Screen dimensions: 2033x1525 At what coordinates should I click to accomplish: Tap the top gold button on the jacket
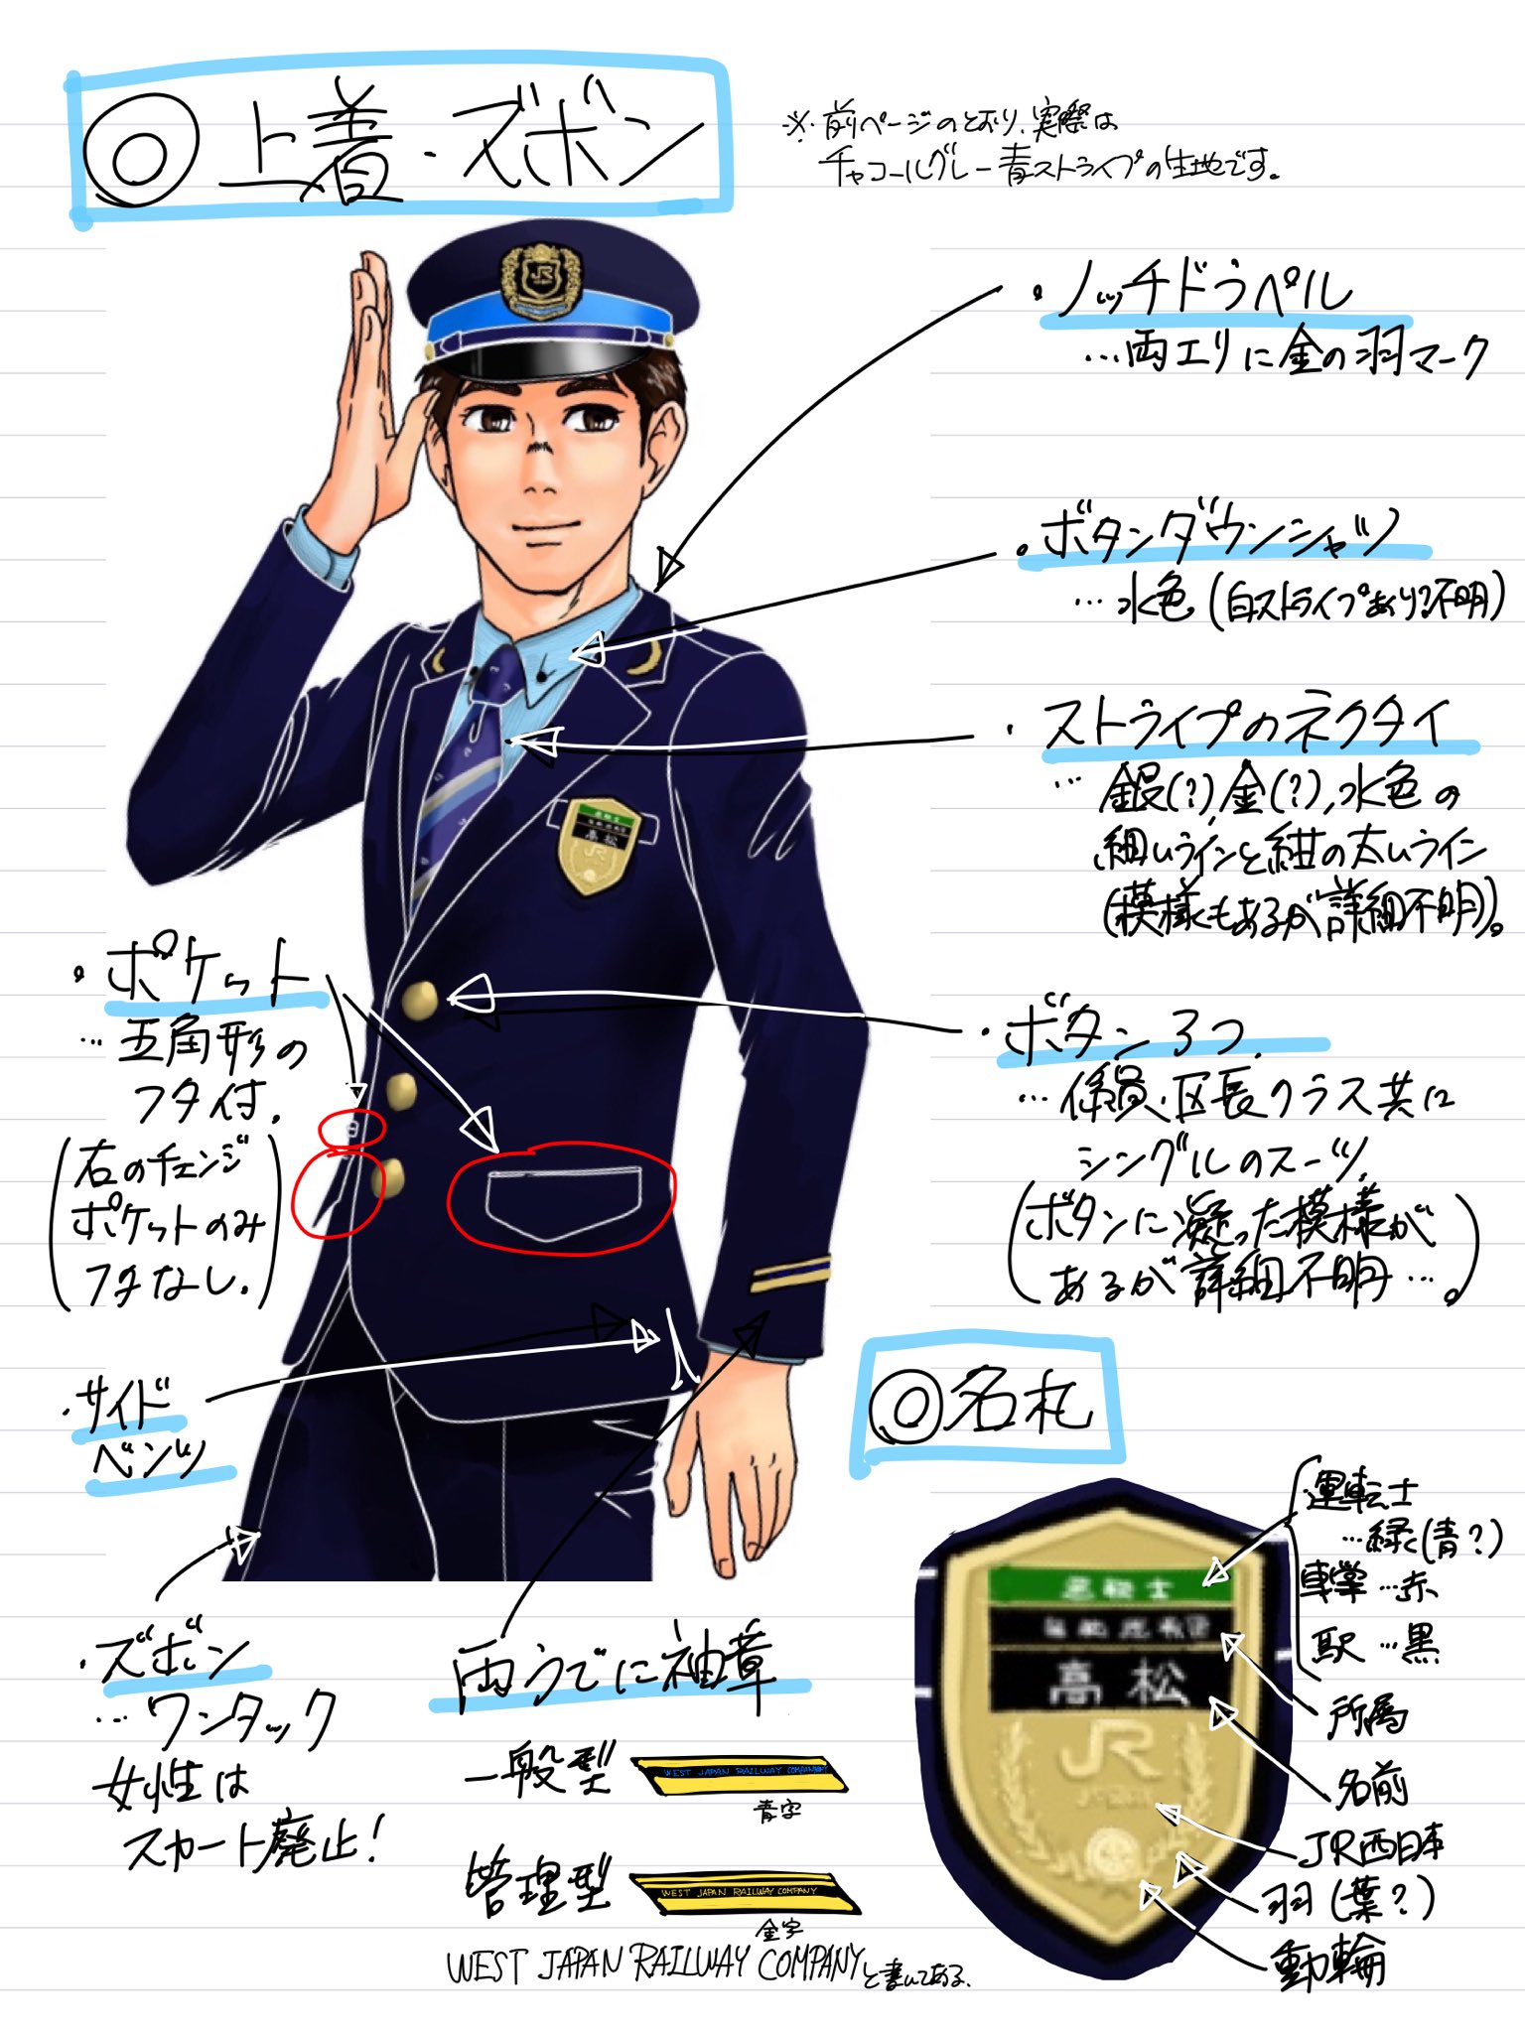(420, 999)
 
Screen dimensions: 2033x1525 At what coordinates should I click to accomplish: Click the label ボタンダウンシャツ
(1221, 536)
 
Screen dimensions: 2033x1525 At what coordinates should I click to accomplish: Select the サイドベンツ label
(149, 1429)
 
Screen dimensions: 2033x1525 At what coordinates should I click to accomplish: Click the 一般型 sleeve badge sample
(741, 1773)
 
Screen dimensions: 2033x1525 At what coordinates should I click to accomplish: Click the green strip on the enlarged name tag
(1110, 1585)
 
